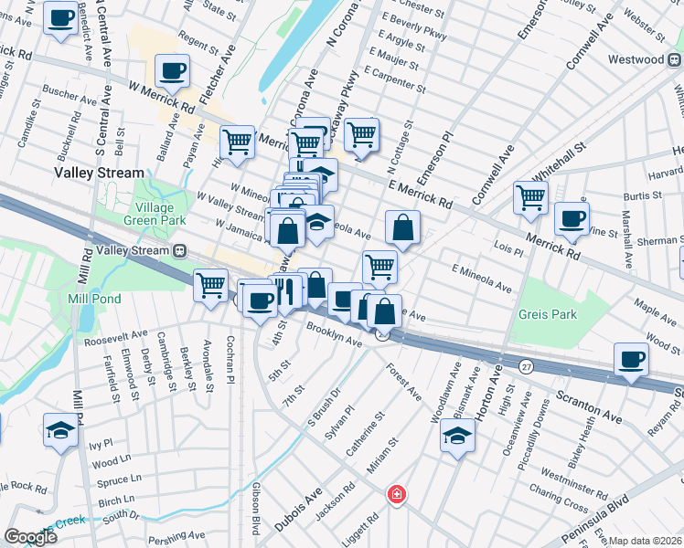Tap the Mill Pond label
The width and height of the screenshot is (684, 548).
click(89, 299)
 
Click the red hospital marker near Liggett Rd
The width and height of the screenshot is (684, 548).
click(397, 494)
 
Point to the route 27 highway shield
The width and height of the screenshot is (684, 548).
click(526, 365)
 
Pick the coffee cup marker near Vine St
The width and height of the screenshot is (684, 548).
click(572, 219)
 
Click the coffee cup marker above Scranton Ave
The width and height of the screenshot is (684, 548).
click(631, 359)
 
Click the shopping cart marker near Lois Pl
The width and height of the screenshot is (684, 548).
click(530, 196)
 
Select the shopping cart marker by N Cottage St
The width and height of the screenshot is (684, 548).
click(362, 134)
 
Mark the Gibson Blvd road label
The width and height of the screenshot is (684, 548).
click(255, 509)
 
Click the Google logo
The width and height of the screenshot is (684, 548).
click(31, 536)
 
